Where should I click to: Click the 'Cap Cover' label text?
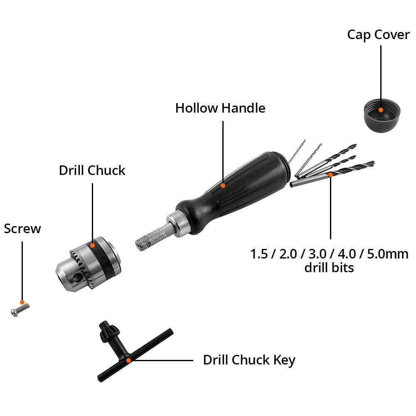(x=378, y=34)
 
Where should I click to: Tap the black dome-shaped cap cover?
(x=381, y=115)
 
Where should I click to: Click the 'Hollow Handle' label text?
(x=220, y=108)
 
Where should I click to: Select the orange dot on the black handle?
(x=223, y=185)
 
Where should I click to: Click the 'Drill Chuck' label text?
(x=92, y=170)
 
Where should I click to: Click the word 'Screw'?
(x=22, y=229)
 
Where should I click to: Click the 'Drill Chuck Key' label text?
(x=249, y=360)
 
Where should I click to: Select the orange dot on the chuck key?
(x=129, y=360)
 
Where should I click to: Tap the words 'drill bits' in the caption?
(x=329, y=267)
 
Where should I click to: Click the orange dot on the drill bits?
(x=331, y=175)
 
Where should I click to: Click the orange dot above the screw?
(x=22, y=302)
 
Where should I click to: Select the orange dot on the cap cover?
(x=381, y=110)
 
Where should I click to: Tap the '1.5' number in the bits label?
(x=259, y=254)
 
